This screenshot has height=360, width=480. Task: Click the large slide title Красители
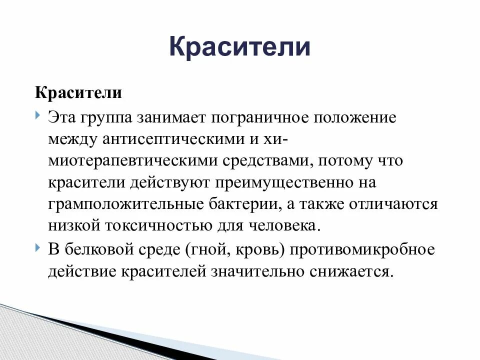click(x=239, y=47)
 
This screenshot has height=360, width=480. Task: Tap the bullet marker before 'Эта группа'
click(x=39, y=116)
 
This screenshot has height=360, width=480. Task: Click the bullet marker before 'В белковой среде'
click(x=39, y=248)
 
